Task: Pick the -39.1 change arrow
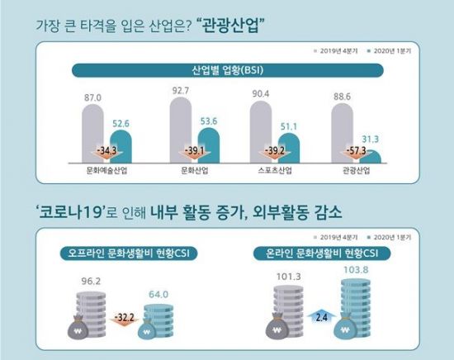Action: pos(189,151)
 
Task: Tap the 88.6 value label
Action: pos(344,96)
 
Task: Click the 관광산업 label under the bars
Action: pos(352,173)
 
